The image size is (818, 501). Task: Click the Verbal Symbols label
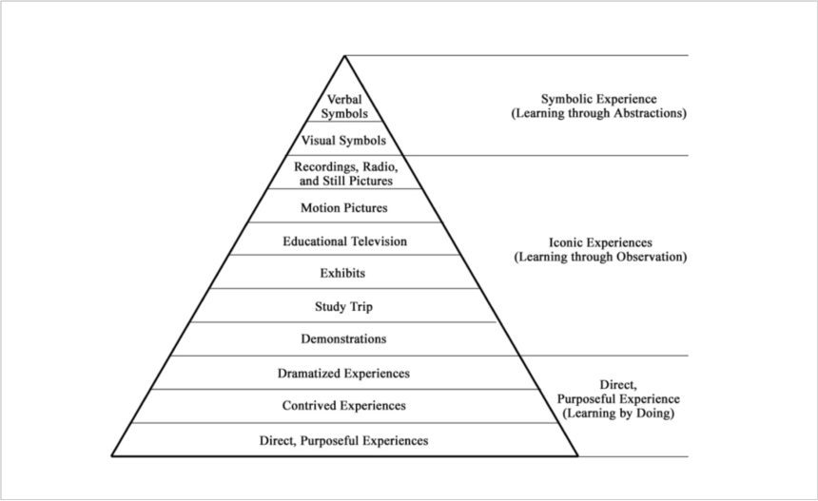[344, 106]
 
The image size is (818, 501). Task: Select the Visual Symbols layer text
[344, 141]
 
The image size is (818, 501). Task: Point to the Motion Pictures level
[344, 207]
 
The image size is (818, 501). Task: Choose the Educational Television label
[344, 241]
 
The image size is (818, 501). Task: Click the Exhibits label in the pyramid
[343, 274]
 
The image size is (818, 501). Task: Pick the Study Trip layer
[343, 307]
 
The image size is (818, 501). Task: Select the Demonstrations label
[343, 339]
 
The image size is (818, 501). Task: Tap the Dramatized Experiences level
[343, 374]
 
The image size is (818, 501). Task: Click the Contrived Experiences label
[343, 406]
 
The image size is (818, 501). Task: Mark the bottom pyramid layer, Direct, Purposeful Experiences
[343, 440]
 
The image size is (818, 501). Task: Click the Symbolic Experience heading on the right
[598, 98]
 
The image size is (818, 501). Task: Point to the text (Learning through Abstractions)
[598, 112]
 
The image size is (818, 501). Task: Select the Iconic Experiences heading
[598, 242]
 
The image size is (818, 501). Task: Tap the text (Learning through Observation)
[598, 257]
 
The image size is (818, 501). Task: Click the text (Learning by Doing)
[605, 414]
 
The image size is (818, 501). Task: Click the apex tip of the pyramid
[344, 56]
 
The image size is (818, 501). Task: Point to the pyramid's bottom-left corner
[112, 456]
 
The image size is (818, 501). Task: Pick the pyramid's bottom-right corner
[577, 456]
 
